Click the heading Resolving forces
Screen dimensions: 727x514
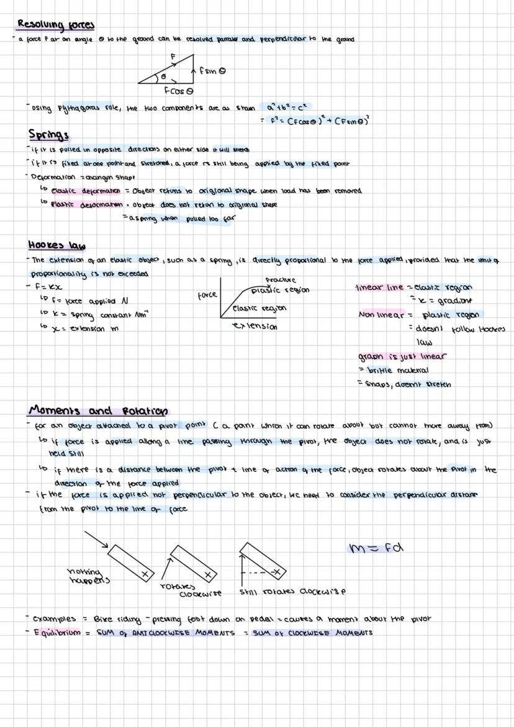pyautogui.click(x=56, y=25)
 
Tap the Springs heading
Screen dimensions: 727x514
pyautogui.click(x=48, y=135)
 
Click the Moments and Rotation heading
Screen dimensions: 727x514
pyautogui.click(x=98, y=411)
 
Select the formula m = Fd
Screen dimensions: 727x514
pyautogui.click(x=376, y=547)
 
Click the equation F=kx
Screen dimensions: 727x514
pyautogui.click(x=42, y=287)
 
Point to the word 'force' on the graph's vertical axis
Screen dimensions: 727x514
pyautogui.click(x=207, y=297)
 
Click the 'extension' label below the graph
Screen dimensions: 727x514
pyautogui.click(x=254, y=326)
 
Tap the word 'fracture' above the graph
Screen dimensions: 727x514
pyautogui.click(x=281, y=280)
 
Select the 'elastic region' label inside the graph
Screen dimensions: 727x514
pyautogui.click(x=259, y=308)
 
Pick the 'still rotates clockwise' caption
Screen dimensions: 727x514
pyautogui.click(x=292, y=592)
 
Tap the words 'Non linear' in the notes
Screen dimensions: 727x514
pyautogui.click(x=381, y=315)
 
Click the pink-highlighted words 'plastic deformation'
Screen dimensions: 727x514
pyautogui.click(x=86, y=203)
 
